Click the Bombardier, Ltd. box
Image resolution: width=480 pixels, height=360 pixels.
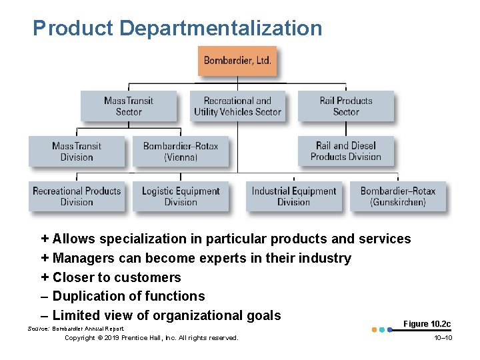[x=237, y=61]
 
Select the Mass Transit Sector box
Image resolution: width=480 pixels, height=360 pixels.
[x=129, y=107]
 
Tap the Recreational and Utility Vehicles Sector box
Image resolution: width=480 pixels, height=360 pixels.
[x=237, y=107]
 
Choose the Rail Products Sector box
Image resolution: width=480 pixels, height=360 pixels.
[x=345, y=107]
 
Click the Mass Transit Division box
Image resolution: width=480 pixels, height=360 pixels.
[x=77, y=151]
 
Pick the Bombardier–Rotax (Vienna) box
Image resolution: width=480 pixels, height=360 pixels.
[x=181, y=151]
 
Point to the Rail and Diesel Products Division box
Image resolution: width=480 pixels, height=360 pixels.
[x=345, y=151]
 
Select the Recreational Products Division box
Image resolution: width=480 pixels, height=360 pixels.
[x=77, y=197]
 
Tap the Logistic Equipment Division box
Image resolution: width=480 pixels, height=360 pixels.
[x=181, y=197]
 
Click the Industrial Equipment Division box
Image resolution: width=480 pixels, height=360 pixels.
[x=294, y=197]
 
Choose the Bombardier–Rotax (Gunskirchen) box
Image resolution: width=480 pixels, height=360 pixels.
[x=398, y=197]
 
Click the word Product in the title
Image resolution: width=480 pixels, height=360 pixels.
[x=73, y=28]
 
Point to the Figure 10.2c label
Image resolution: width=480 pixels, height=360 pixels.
[x=427, y=324]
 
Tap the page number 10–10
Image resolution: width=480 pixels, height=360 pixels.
[x=443, y=338]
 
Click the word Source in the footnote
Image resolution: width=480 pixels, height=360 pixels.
[x=37, y=329]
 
